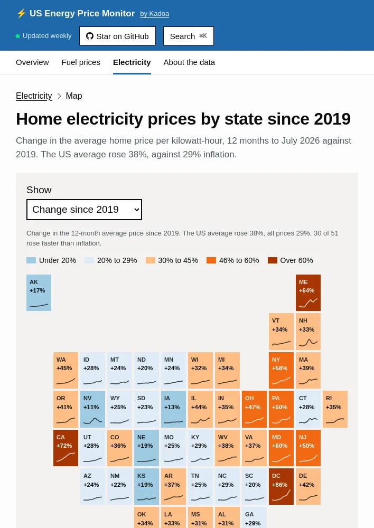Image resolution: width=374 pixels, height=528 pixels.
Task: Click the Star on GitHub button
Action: (x=118, y=36)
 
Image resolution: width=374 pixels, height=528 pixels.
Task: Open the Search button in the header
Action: (x=189, y=36)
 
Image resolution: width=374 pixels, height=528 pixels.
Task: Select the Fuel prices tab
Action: (x=81, y=62)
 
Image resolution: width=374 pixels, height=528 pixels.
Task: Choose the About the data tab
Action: (x=189, y=62)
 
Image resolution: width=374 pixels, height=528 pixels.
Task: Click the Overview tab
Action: (x=32, y=62)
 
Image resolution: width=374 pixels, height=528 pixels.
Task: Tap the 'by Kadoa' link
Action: (x=155, y=14)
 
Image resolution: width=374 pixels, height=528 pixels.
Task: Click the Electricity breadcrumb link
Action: (x=34, y=96)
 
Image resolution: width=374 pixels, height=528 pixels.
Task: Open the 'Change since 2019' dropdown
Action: (x=84, y=210)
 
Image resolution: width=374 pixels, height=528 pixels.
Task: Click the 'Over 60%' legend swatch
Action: (x=273, y=260)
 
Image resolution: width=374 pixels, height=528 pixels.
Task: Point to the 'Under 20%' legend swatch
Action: (x=31, y=260)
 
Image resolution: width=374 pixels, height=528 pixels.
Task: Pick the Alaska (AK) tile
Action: (x=39, y=293)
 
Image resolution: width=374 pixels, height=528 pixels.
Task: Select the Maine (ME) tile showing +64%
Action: (x=308, y=293)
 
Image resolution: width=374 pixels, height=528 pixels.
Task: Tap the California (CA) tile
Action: (x=66, y=448)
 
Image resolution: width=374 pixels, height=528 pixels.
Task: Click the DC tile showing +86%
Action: (x=282, y=487)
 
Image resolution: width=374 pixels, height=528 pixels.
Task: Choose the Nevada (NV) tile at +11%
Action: (x=92, y=409)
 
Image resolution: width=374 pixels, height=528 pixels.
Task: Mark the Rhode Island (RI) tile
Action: (x=335, y=409)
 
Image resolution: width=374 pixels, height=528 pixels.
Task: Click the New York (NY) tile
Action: (x=282, y=371)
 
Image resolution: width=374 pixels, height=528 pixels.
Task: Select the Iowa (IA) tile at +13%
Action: (x=173, y=409)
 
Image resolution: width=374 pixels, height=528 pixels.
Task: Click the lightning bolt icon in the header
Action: (x=21, y=14)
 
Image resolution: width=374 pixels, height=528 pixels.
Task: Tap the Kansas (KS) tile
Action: (x=146, y=487)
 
